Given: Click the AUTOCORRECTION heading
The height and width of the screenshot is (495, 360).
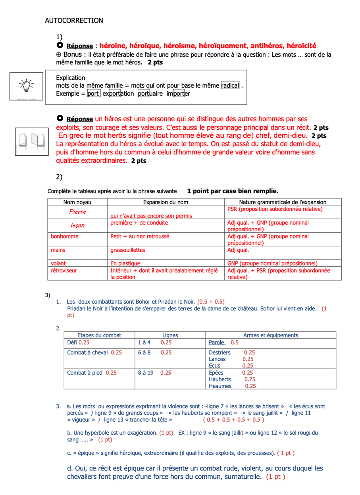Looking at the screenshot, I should pyautogui.click(x=74, y=21).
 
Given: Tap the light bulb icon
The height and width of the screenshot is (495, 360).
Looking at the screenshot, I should pyautogui.click(x=26, y=86).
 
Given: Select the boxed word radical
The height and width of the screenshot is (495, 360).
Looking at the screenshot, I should pyautogui.click(x=230, y=86).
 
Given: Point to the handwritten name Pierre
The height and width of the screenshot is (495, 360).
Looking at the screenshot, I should pyautogui.click(x=77, y=212).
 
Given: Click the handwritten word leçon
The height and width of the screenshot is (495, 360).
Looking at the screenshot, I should pyautogui.click(x=78, y=225).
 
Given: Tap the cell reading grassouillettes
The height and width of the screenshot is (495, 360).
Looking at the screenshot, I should pyautogui.click(x=128, y=250).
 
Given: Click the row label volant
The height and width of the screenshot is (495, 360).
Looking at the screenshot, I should pyautogui.click(x=58, y=263).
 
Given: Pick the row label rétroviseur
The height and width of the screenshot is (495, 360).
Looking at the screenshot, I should pyautogui.click(x=64, y=270).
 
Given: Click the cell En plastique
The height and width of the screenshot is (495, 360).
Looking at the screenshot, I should pyautogui.click(x=125, y=263).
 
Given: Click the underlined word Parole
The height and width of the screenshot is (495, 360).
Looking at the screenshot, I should pyautogui.click(x=217, y=342).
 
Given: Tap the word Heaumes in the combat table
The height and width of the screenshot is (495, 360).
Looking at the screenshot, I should pyautogui.click(x=220, y=386).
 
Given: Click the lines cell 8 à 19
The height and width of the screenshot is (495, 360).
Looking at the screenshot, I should pyautogui.click(x=146, y=373).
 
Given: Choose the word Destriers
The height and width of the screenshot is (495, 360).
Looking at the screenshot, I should pyautogui.click(x=219, y=352).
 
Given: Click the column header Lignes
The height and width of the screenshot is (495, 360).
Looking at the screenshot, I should pyautogui.click(x=170, y=335).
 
